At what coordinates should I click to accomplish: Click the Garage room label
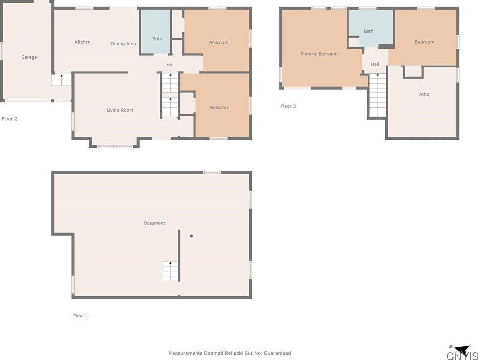(29, 57)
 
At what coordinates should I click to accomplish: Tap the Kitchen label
(83, 42)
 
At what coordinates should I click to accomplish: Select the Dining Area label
(123, 44)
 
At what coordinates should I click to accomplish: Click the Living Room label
(120, 110)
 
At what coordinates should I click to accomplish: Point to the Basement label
(154, 223)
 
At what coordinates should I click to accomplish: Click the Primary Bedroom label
(319, 54)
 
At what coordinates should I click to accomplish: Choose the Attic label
(424, 94)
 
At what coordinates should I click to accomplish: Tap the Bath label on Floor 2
(157, 39)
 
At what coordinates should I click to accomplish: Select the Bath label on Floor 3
(369, 31)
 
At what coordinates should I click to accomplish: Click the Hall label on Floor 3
(375, 64)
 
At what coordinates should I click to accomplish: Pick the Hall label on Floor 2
(170, 65)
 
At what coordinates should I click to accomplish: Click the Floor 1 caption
(81, 316)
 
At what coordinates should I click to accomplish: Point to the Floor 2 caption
(10, 119)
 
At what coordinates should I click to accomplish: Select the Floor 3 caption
(288, 106)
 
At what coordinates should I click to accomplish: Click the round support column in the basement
(191, 236)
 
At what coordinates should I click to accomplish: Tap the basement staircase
(170, 271)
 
